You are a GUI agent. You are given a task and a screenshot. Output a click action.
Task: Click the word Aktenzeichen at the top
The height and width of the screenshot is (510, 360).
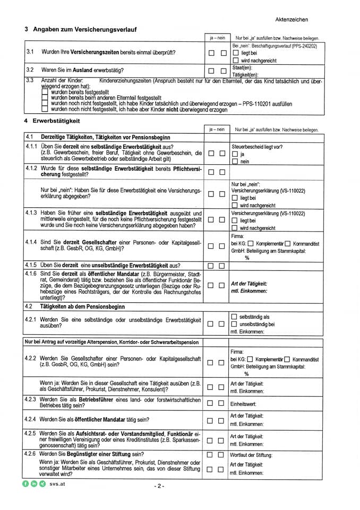[292, 20]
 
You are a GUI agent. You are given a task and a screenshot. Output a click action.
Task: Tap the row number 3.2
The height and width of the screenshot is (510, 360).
[30, 70]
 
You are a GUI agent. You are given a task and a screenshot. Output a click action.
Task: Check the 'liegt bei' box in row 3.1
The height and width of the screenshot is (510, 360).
[236, 54]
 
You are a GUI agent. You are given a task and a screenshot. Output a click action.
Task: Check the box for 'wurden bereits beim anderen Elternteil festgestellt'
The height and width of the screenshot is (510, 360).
[45, 98]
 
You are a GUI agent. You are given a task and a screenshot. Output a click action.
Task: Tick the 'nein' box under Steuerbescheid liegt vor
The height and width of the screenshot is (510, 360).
[236, 161]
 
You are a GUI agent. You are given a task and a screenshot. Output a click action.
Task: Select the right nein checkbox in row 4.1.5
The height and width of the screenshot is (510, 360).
[222, 266]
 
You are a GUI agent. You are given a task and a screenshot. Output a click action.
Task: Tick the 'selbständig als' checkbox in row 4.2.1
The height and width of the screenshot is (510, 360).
[234, 317]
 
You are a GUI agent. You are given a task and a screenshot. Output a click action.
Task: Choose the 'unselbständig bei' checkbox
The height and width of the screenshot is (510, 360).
[234, 324]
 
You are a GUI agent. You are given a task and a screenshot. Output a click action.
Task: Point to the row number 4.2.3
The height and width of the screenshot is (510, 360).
[31, 398]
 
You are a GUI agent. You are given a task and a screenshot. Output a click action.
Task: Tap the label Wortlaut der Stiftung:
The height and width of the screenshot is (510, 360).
[251, 455]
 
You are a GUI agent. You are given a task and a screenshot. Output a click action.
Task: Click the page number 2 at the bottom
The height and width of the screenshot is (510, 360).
[159, 486]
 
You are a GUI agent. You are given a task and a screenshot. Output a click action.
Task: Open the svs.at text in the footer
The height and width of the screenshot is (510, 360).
[57, 484]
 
